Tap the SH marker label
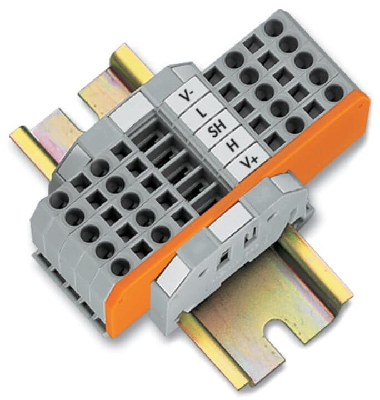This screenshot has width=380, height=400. tap(215, 131)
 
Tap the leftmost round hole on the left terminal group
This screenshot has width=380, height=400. tap(58, 199)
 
